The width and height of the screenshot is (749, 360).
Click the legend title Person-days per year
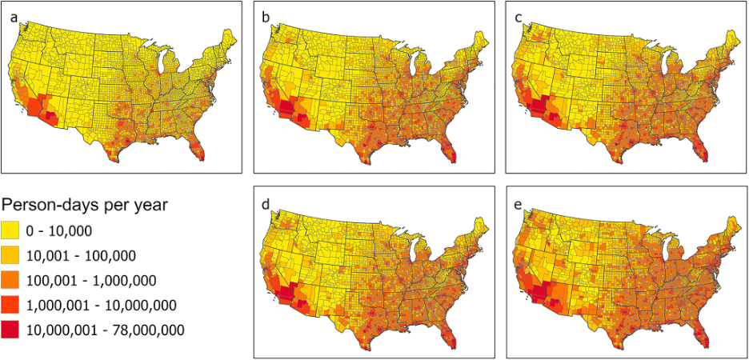point(85,205)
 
